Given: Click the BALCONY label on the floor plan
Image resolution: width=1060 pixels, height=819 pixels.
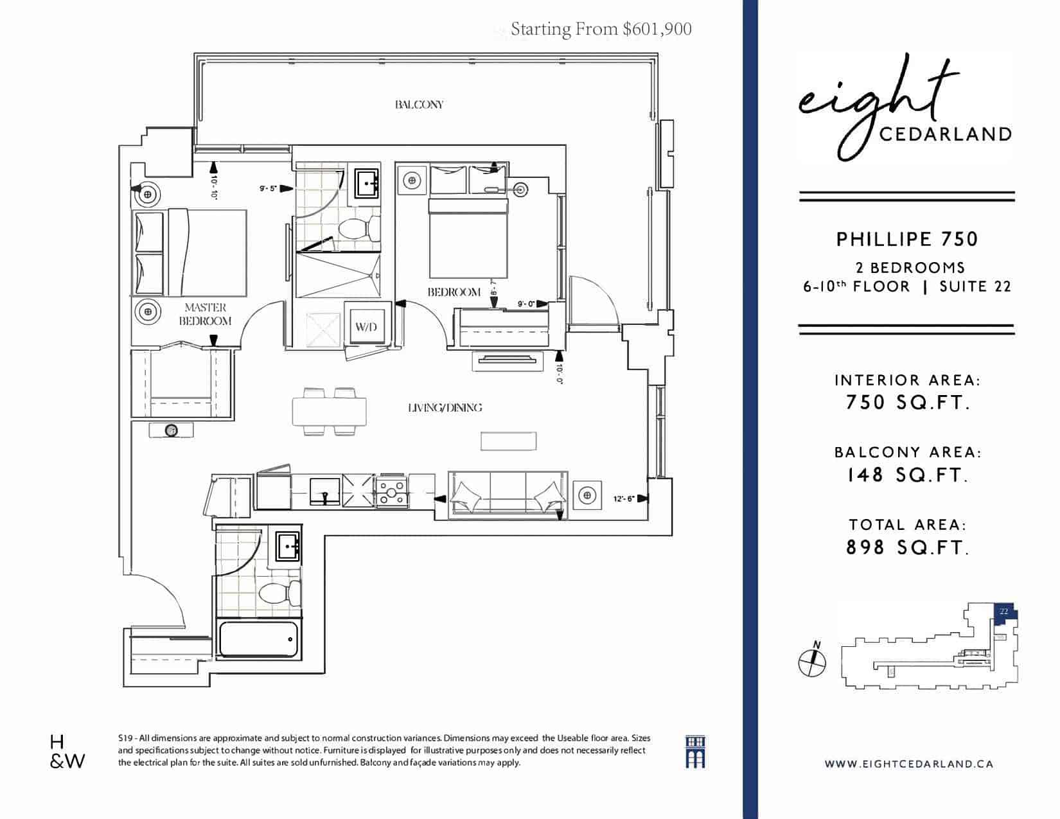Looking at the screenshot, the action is click(x=419, y=105).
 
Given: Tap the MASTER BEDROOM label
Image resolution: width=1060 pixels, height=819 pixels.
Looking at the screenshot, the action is click(x=205, y=314).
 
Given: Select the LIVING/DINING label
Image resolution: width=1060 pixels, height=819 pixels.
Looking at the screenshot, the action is click(x=445, y=408).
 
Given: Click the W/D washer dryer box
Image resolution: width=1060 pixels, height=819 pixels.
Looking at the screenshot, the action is click(x=367, y=325).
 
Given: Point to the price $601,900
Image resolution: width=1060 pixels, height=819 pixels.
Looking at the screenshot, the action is click(x=657, y=30).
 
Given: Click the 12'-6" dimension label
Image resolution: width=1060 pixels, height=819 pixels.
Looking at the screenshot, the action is click(x=623, y=499).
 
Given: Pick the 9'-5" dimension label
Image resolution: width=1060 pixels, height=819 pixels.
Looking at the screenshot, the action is click(x=268, y=188).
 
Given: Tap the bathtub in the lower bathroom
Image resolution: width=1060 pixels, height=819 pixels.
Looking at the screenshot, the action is click(x=258, y=640).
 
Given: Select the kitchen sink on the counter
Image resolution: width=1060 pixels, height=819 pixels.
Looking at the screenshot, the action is click(x=325, y=491).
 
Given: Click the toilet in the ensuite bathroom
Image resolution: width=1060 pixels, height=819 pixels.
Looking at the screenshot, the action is click(x=360, y=228).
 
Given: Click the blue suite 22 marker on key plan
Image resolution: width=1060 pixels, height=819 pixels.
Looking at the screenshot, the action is click(x=1005, y=614).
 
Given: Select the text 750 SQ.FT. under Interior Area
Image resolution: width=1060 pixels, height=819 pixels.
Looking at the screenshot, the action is click(x=907, y=403).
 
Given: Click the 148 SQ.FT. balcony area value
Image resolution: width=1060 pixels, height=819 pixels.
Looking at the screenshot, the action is click(x=907, y=475).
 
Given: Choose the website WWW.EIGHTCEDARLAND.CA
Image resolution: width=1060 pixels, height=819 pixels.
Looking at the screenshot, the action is click(x=909, y=764).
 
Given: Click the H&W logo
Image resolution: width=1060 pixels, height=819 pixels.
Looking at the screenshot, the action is click(x=67, y=752).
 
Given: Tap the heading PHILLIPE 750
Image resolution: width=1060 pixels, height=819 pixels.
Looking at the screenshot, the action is click(x=907, y=240).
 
